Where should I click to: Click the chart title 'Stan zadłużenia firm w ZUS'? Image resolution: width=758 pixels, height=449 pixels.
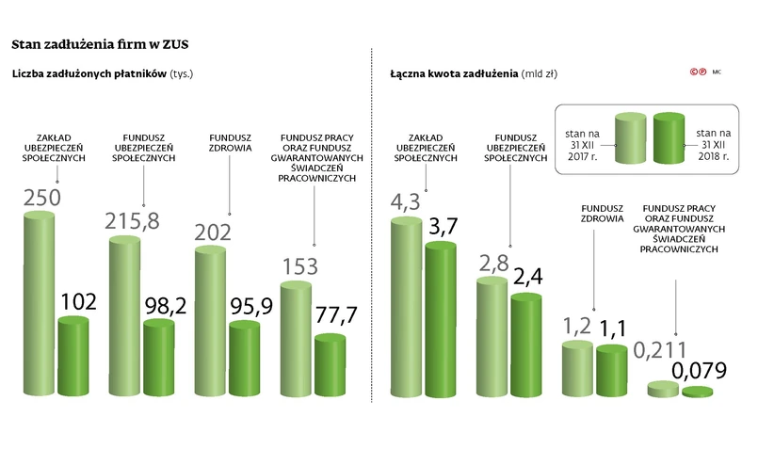[105, 43]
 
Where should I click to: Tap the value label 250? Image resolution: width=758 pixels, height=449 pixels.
[41, 199]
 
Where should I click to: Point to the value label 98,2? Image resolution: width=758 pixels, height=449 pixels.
[163, 305]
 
